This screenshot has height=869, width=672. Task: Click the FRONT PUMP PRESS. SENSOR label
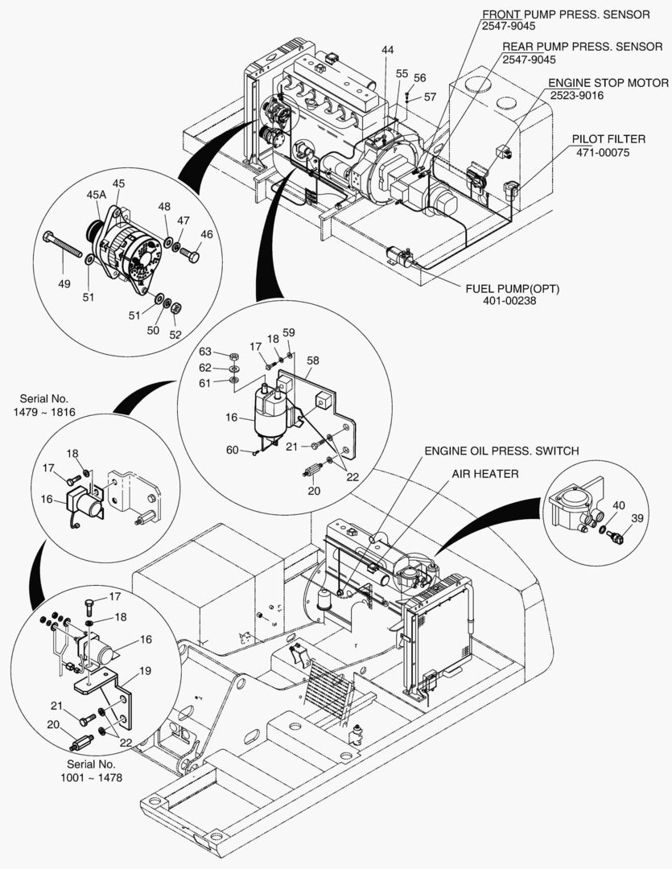pos(566,14)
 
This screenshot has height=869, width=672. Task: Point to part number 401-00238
pos(511,300)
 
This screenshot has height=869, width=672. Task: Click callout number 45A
pos(97,194)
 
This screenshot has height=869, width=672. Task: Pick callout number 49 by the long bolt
pos(64,284)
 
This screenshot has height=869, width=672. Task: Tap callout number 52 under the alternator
pos(175,335)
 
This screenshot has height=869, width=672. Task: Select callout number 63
pos(206,352)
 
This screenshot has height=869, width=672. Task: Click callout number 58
pos(314,360)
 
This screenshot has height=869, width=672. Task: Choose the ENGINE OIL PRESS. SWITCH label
pos(501,451)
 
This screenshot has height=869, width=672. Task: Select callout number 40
pos(618,505)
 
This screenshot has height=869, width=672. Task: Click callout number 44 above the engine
pos(388,50)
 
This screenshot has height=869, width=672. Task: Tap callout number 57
pos(430,97)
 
